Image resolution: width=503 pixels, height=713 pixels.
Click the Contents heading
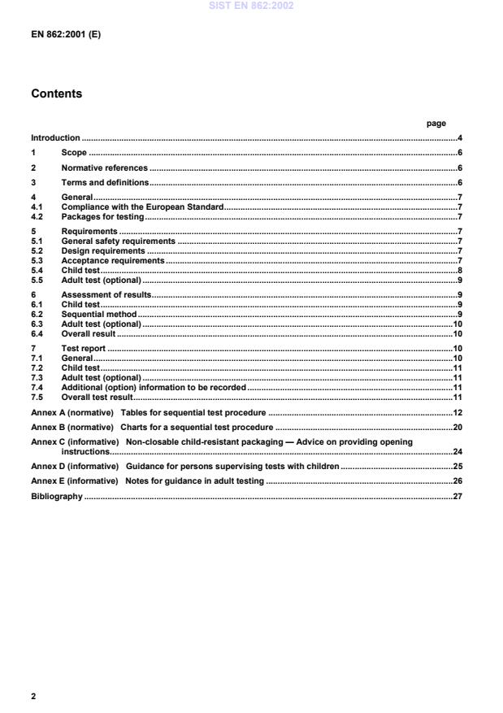[56, 93]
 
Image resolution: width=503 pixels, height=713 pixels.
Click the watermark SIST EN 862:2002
[251, 6]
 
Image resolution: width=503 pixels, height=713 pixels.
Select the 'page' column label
[436, 124]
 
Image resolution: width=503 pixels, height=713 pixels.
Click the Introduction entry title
[55, 138]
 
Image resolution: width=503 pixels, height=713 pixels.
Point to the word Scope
[74, 153]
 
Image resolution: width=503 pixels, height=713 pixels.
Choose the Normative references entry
[105, 167]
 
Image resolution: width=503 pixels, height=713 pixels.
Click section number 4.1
[37, 208]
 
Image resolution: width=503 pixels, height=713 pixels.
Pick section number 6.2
[37, 313]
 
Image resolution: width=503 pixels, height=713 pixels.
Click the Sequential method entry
[99, 313]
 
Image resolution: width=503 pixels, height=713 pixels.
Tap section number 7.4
[37, 388]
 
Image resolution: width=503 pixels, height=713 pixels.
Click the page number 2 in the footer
[33, 697]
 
